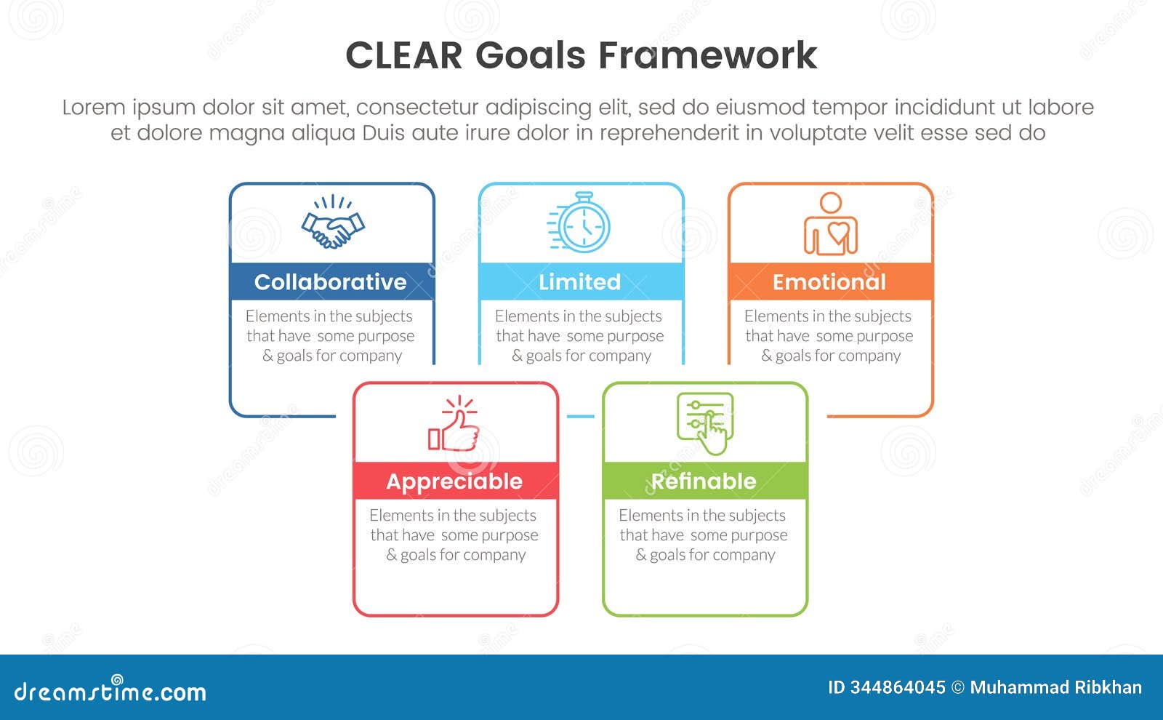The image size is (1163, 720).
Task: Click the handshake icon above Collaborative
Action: [x=333, y=224]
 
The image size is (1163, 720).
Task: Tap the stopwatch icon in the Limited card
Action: [x=581, y=223]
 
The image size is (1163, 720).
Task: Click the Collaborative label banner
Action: [x=331, y=281]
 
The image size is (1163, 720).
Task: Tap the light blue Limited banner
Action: [x=581, y=281]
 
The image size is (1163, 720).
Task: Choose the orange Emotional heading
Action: [x=830, y=281]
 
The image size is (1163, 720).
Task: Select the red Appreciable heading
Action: [x=455, y=481]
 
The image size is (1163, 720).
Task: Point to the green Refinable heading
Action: [x=704, y=481]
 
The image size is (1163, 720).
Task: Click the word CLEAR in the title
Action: [x=403, y=55]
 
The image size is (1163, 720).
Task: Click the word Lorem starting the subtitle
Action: [x=94, y=108]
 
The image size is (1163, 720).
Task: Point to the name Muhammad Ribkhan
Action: [x=1055, y=687]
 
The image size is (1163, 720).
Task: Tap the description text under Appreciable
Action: [x=455, y=535]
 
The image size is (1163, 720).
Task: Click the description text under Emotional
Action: [x=829, y=336]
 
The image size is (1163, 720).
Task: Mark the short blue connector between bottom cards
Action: [x=580, y=416]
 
